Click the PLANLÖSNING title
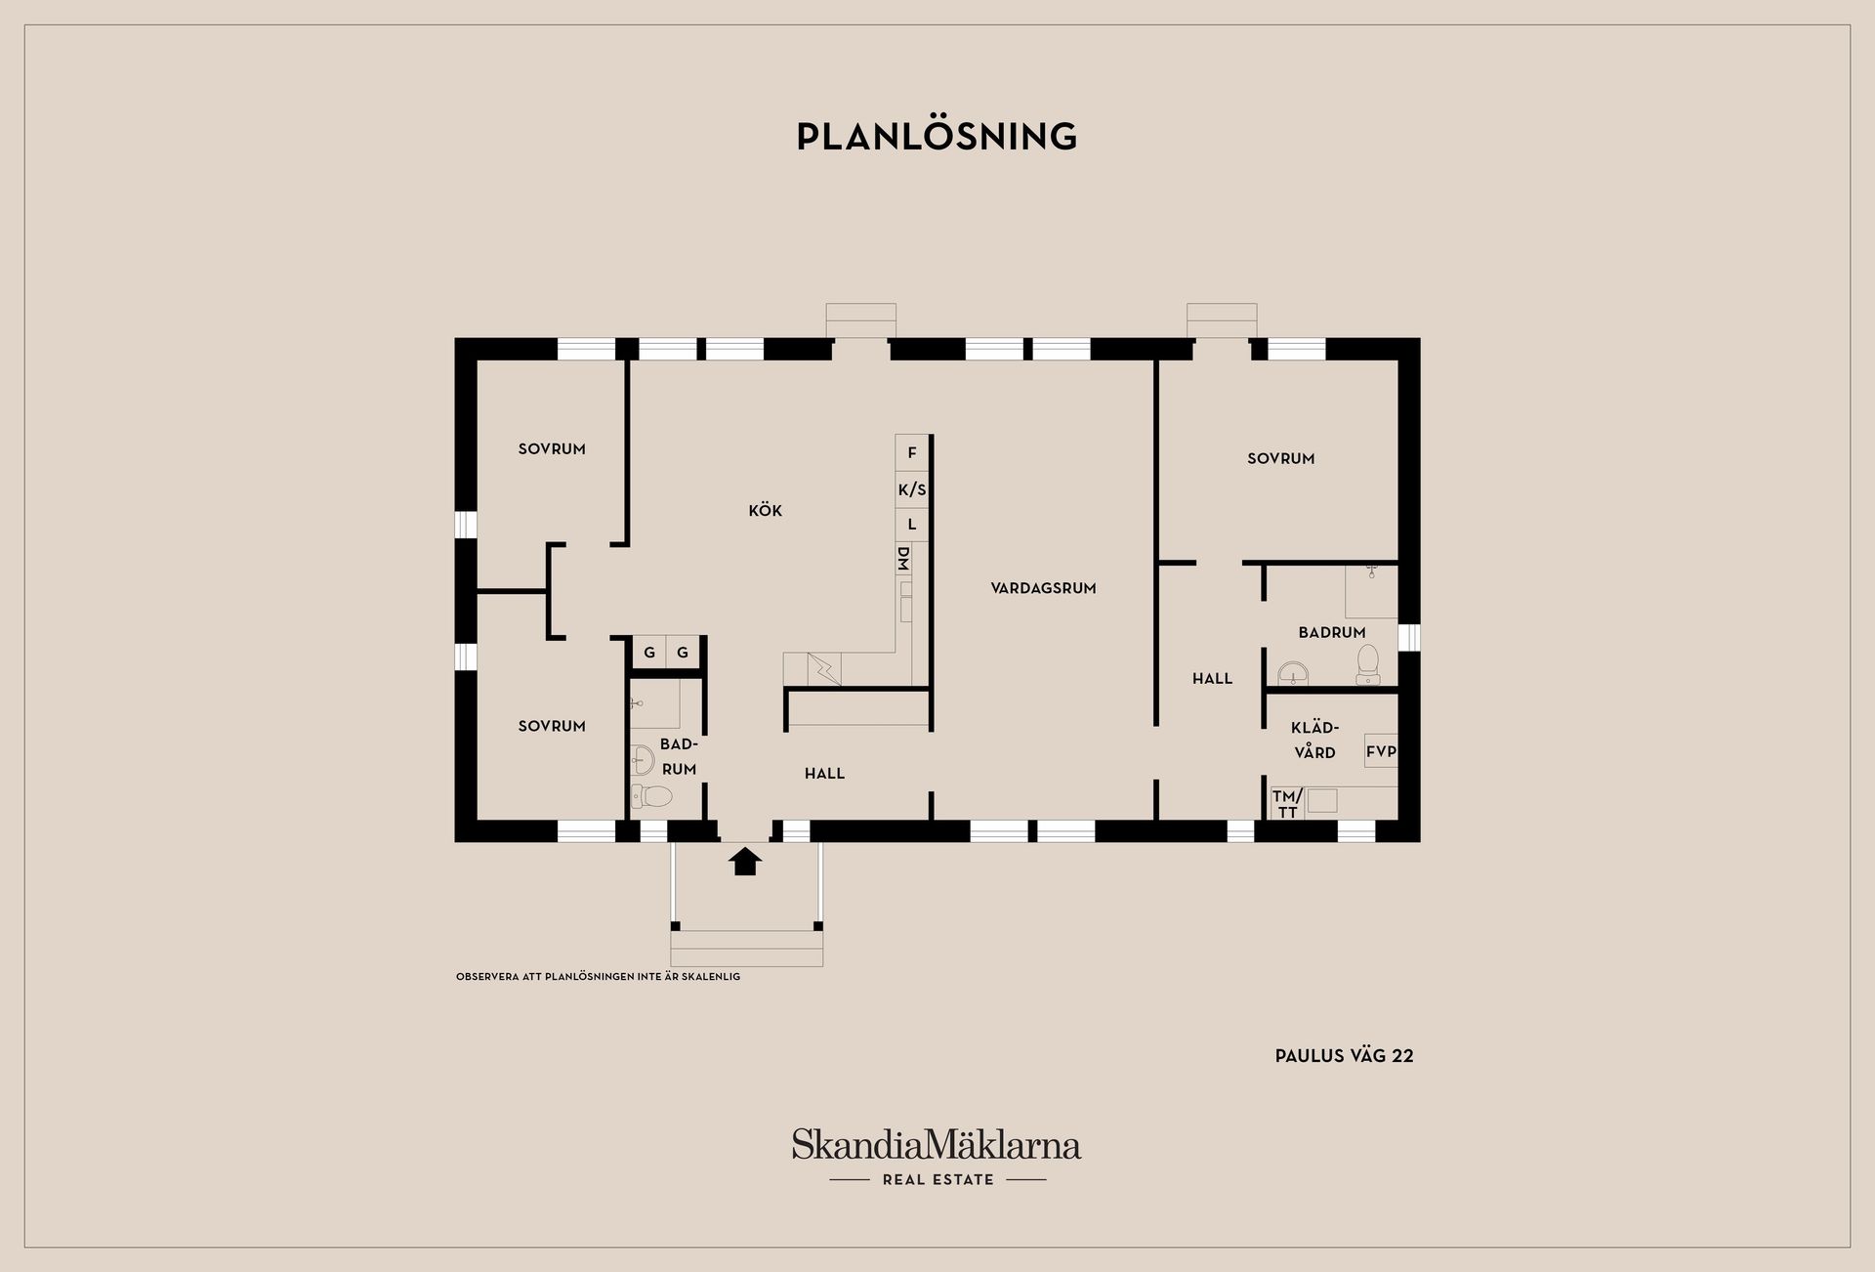point(937,137)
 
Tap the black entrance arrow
point(746,861)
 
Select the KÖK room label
point(766,511)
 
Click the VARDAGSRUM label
point(1043,588)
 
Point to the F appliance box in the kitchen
point(912,453)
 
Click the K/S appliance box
point(912,489)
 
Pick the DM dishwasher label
point(903,559)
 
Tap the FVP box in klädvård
point(1381,751)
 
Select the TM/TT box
point(1287,804)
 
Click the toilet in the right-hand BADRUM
point(1367,661)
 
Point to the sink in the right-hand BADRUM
point(1294,672)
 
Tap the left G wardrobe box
point(649,653)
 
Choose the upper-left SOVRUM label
point(552,449)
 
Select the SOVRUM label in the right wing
point(1280,458)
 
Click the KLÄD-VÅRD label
point(1314,740)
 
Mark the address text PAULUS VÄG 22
point(1344,1056)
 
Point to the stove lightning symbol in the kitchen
point(824,668)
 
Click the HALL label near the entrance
point(824,774)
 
